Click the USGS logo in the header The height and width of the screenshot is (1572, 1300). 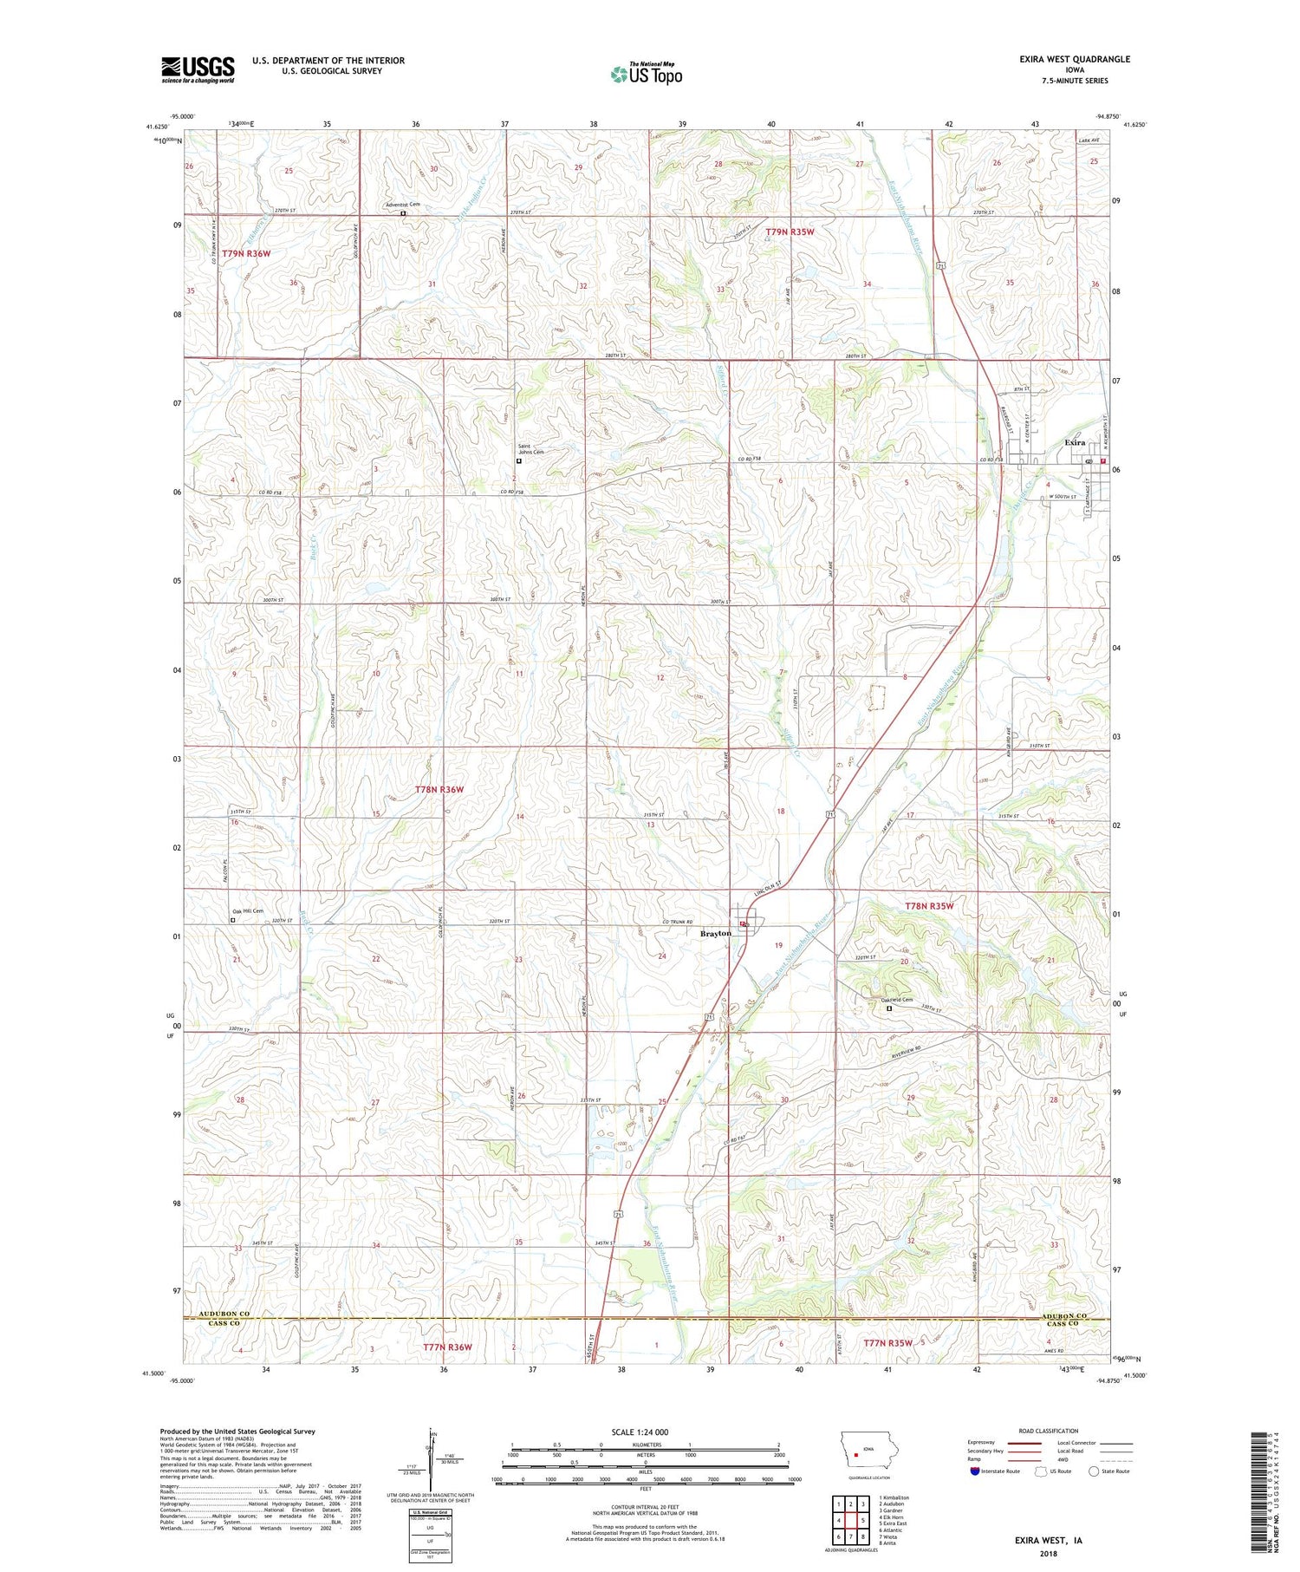click(x=198, y=69)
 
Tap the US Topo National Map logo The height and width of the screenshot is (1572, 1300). click(x=646, y=74)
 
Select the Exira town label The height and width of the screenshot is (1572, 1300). click(x=1075, y=442)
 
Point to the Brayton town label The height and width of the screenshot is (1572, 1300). click(x=716, y=933)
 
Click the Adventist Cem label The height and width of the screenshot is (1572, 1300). click(x=402, y=205)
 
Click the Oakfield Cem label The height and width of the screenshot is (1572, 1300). click(x=891, y=1000)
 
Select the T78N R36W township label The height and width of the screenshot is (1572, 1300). click(x=439, y=790)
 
